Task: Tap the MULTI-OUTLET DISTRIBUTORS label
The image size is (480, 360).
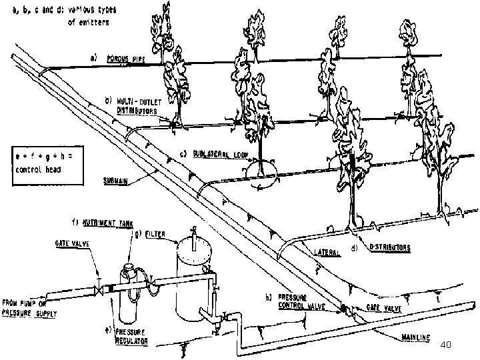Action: click(x=133, y=106)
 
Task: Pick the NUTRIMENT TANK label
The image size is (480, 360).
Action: click(x=107, y=221)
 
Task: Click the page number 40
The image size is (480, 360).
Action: click(x=447, y=345)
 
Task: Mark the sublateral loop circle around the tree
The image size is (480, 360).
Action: click(x=261, y=171)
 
